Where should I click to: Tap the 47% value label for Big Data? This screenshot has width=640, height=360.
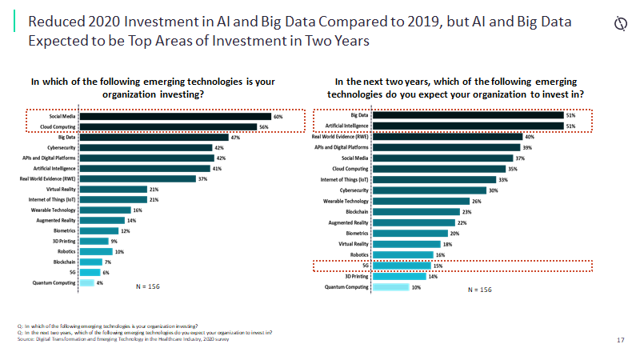[236, 138]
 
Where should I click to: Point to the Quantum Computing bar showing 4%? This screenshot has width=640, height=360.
[87, 282]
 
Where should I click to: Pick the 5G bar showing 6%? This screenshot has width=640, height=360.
[90, 272]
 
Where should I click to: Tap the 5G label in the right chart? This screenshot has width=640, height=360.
[364, 265]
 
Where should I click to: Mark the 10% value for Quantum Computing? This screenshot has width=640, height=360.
[416, 287]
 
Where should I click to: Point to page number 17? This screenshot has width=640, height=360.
[621, 341]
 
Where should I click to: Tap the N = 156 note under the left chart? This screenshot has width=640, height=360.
[146, 286]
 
